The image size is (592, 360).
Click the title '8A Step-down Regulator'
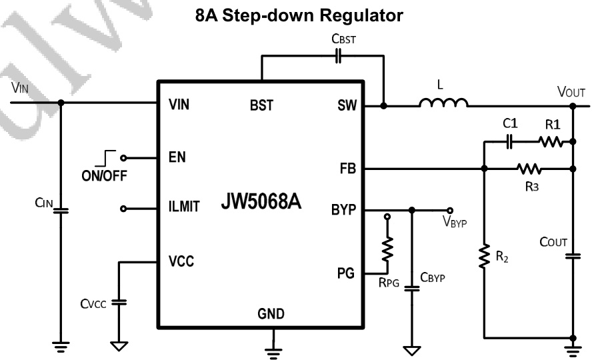299,16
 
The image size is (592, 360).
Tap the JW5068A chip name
262,203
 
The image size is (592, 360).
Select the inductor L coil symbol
443,103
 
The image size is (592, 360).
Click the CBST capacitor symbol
338,57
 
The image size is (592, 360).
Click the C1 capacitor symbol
510,141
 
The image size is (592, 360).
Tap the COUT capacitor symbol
572,256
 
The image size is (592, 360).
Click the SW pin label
345,105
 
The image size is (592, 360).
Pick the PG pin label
347,273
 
